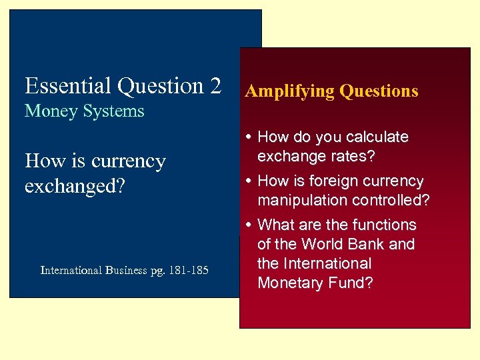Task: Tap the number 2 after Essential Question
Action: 215,86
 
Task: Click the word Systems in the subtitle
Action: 113,111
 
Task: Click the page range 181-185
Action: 189,270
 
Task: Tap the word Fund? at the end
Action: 351,283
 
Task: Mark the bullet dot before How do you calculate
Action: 249,137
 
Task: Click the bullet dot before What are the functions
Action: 249,225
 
